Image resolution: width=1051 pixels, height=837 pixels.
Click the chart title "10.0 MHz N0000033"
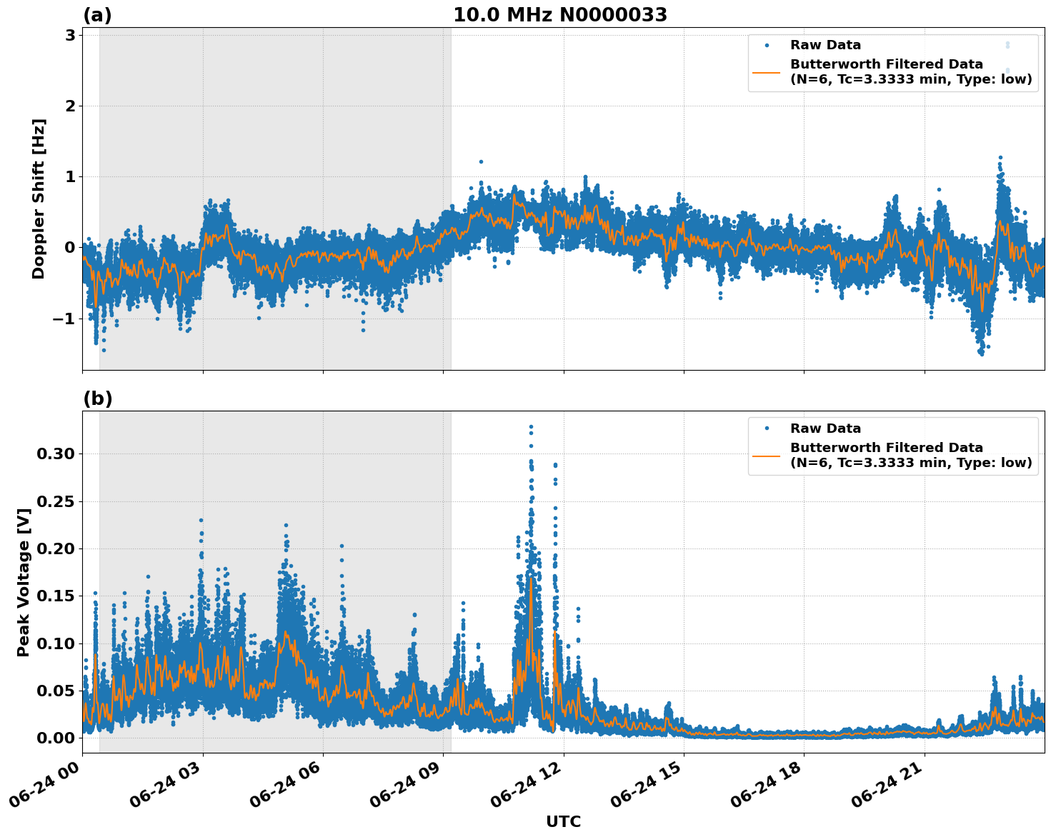click(x=560, y=15)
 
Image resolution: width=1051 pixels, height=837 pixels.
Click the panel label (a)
click(x=97, y=15)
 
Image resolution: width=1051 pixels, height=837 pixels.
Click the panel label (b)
click(x=97, y=399)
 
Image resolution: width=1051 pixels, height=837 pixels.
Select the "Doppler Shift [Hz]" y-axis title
click(x=39, y=199)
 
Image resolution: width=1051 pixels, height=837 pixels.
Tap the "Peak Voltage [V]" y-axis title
click(x=24, y=582)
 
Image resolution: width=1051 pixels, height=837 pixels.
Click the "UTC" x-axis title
click(x=563, y=821)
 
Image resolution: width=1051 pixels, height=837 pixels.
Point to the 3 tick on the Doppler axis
click(x=70, y=35)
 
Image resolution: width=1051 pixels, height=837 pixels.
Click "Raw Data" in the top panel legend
click(x=825, y=45)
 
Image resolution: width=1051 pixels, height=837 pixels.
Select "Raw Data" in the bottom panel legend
click(x=825, y=428)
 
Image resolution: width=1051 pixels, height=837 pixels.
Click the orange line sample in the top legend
click(x=767, y=72)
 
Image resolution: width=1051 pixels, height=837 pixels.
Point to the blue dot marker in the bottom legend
click(x=767, y=428)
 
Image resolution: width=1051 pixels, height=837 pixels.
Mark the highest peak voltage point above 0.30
click(x=531, y=427)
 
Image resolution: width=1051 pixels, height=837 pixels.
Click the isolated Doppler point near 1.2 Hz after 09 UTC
click(x=481, y=162)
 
